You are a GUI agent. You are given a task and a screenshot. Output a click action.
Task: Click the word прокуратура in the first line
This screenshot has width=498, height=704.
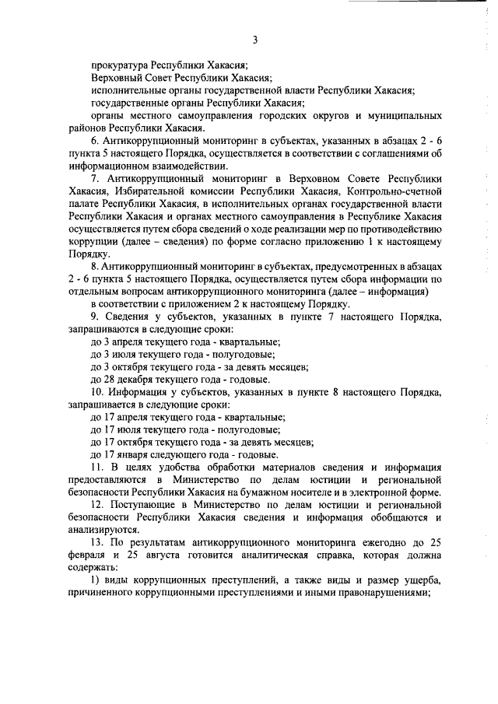(x=119, y=65)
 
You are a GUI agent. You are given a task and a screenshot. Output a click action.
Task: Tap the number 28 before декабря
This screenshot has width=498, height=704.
(x=109, y=379)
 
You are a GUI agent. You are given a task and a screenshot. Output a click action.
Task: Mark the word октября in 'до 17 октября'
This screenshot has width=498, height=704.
(x=132, y=442)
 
